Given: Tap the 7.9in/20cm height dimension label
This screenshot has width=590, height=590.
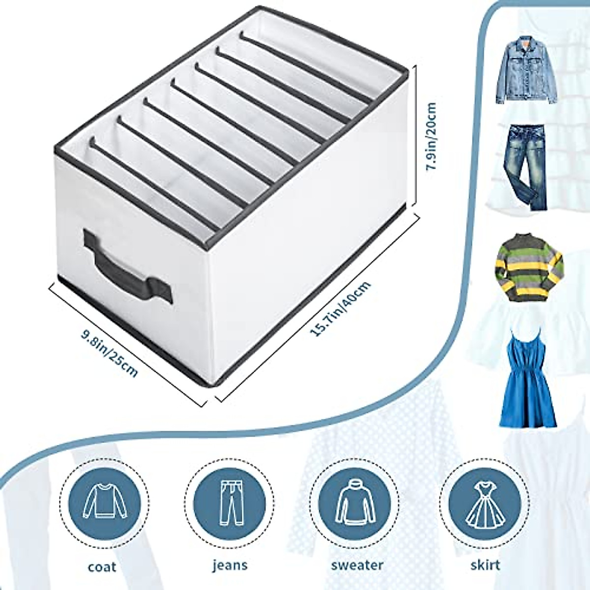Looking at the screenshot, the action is [x=431, y=136].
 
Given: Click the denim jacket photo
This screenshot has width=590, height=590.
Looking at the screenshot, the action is [x=526, y=72].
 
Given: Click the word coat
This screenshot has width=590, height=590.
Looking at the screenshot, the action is [x=102, y=566].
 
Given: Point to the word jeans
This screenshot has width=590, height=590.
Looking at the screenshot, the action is [x=230, y=565].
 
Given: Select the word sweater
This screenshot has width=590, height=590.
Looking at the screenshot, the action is [x=356, y=565].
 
